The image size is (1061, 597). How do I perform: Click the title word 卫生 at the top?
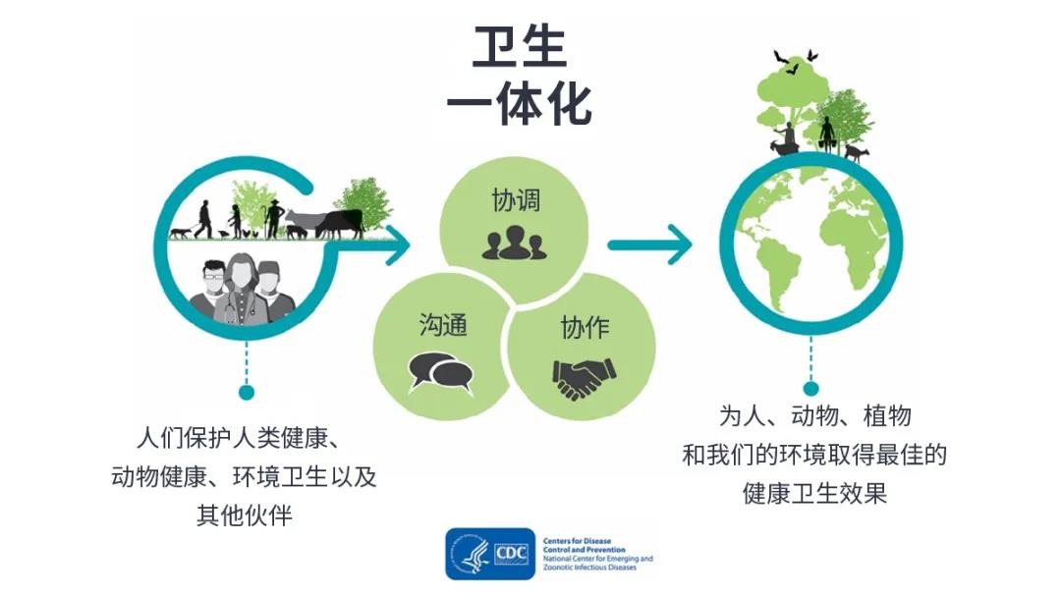coord(520,46)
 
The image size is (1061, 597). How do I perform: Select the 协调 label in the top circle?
coord(516,201)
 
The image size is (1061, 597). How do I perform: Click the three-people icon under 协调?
coord(514,242)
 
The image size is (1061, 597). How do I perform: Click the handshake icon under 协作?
coord(584,376)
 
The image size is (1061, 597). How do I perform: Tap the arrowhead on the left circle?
coord(395,244)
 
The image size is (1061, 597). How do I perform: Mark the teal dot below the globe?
coord(811,388)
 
